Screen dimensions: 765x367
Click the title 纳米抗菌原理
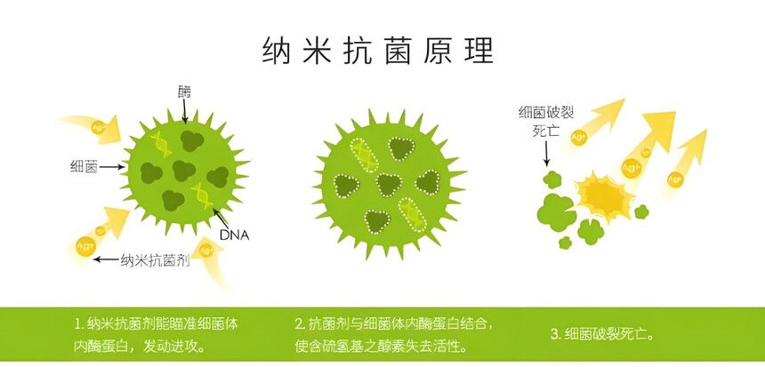click(x=378, y=51)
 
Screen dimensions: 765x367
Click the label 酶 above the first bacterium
click(x=184, y=92)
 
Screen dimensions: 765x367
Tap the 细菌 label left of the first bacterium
click(x=84, y=167)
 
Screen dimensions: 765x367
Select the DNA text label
click(x=234, y=235)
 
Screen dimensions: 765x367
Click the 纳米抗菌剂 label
click(x=155, y=259)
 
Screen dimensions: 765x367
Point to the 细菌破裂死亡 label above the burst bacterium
click(x=546, y=122)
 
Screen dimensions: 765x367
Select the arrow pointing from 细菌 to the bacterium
click(x=112, y=167)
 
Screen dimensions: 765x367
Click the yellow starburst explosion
click(x=605, y=195)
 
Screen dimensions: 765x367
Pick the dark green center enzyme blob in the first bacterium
click(x=183, y=172)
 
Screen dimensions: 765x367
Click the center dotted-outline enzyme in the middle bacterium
click(x=389, y=185)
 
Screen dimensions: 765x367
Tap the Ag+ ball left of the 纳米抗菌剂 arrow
click(x=86, y=246)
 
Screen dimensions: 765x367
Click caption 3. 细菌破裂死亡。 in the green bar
click(x=601, y=334)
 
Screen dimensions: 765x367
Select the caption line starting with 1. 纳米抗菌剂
click(x=157, y=323)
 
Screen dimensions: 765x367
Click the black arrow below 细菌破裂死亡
click(x=546, y=155)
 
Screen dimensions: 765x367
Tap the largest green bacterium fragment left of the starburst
click(x=556, y=212)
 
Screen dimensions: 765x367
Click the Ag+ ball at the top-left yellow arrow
click(x=98, y=127)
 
